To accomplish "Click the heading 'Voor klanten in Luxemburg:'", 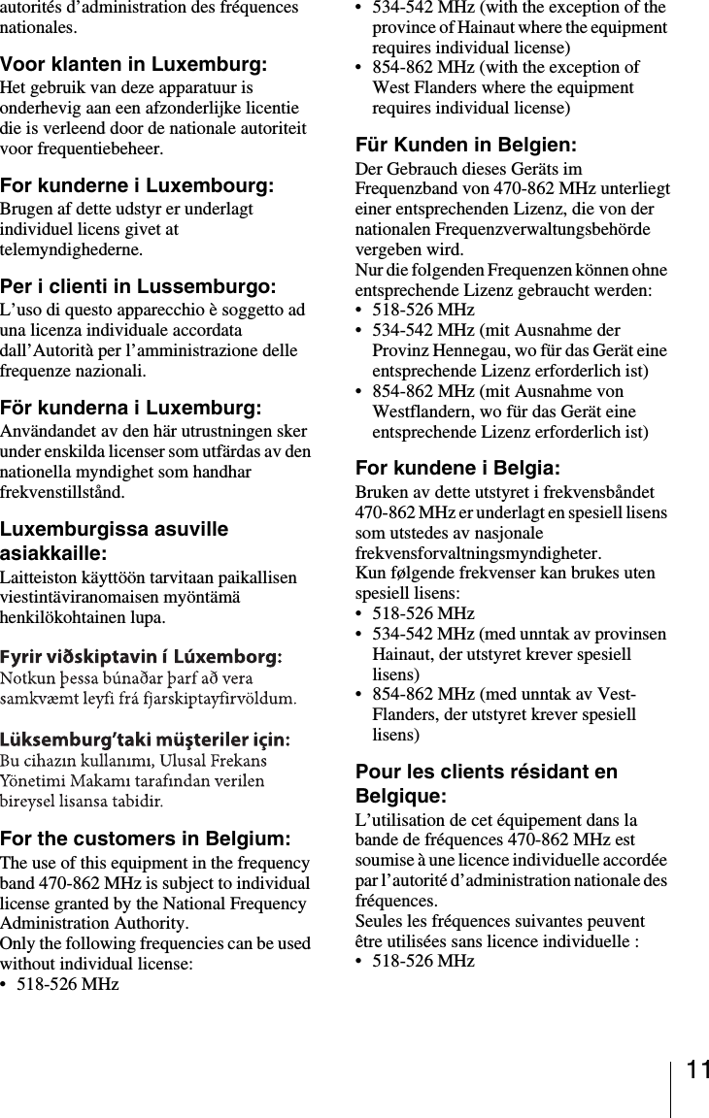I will tap(134, 65).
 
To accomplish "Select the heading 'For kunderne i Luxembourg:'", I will tap(136, 185).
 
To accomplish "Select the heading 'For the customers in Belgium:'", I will tap(145, 838).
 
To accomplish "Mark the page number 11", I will tap(696, 1070).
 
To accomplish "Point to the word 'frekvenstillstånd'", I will tap(62, 492).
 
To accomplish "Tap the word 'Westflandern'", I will tap(420, 411).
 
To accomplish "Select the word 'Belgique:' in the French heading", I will tap(401, 796).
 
